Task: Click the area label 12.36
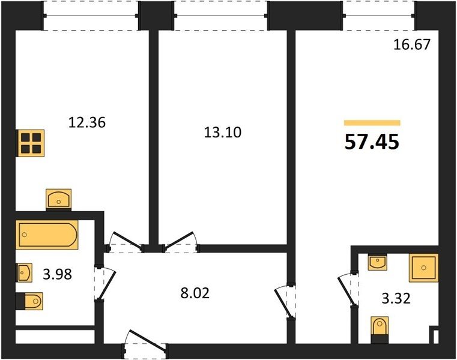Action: pyautogui.click(x=87, y=122)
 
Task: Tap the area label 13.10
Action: pyautogui.click(x=223, y=133)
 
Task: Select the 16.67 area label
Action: pyautogui.click(x=412, y=44)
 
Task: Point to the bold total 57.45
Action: pyautogui.click(x=372, y=142)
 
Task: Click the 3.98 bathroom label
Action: pyautogui.click(x=58, y=274)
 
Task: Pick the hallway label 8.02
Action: pyautogui.click(x=195, y=293)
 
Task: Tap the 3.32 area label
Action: pyautogui.click(x=396, y=299)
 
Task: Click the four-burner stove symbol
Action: pyautogui.click(x=31, y=143)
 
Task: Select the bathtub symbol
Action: pyautogui.click(x=47, y=235)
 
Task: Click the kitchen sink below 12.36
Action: pyautogui.click(x=59, y=200)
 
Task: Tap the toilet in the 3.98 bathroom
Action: pyautogui.click(x=29, y=301)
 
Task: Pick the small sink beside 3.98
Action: pyautogui.click(x=25, y=272)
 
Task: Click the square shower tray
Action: pyautogui.click(x=423, y=268)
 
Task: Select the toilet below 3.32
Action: pyautogui.click(x=380, y=330)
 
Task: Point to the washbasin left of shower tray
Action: pyautogui.click(x=378, y=262)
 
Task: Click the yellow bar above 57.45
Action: pyautogui.click(x=372, y=122)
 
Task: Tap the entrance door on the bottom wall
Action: pyautogui.click(x=145, y=344)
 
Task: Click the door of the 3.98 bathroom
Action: pyautogui.click(x=105, y=283)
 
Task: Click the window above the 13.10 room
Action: pyautogui.click(x=220, y=16)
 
